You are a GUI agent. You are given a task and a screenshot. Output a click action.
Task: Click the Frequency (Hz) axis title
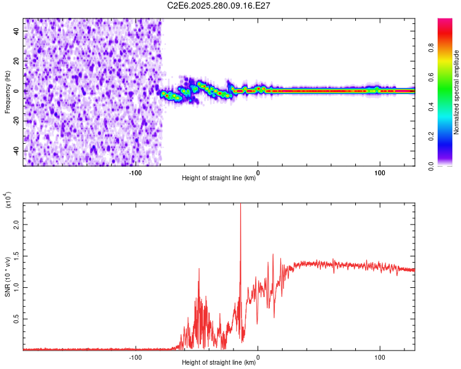(x=7, y=92)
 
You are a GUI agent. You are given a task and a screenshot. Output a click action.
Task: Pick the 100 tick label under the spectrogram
(x=380, y=173)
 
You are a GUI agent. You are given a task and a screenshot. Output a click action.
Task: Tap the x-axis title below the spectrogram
(x=219, y=178)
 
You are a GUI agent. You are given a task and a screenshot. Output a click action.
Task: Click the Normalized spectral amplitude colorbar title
(x=457, y=92)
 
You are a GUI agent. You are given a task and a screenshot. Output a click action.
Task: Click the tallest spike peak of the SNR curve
(x=240, y=205)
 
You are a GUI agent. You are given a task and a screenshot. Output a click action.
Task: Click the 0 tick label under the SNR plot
(x=258, y=357)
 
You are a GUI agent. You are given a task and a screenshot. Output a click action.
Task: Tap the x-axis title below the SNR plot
(x=219, y=363)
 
